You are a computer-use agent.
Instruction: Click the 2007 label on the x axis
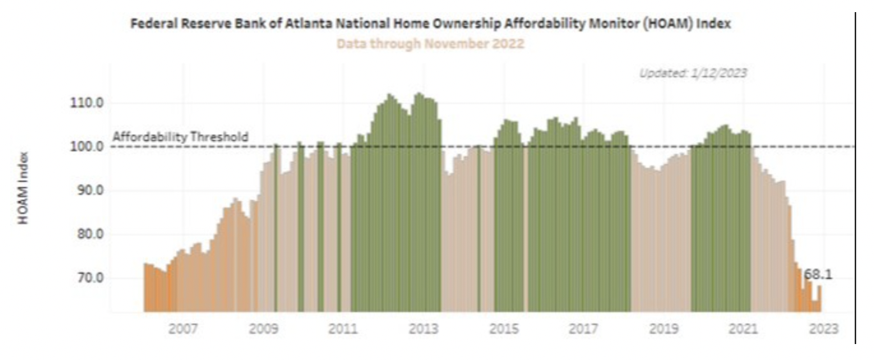(x=182, y=329)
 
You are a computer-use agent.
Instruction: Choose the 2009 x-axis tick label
(x=263, y=329)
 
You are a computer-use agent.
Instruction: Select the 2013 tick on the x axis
(x=423, y=329)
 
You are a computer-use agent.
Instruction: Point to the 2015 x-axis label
(x=503, y=329)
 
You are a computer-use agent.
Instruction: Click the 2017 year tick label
(x=584, y=329)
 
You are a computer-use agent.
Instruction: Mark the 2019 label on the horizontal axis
(x=663, y=329)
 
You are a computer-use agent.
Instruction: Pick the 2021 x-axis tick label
(x=744, y=329)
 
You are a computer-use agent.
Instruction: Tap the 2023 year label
(x=824, y=329)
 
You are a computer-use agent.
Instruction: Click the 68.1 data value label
(x=818, y=275)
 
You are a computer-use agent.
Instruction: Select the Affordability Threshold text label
(x=181, y=137)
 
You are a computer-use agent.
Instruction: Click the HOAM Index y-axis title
(x=24, y=188)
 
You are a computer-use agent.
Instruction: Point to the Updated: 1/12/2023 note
(x=693, y=73)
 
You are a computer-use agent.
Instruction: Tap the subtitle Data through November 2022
(x=431, y=44)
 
